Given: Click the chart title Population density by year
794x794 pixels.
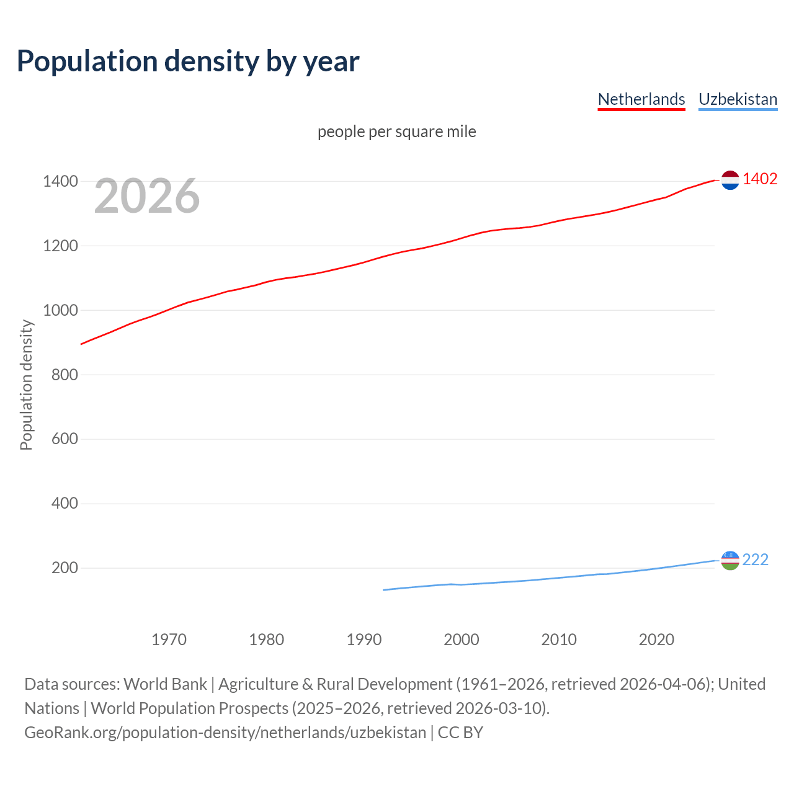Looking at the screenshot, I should (188, 61).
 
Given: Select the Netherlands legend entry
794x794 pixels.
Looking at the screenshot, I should (641, 99).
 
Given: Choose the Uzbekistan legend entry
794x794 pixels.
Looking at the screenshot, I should (738, 99).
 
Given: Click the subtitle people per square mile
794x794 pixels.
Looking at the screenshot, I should (397, 132).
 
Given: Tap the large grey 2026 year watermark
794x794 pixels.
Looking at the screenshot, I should (147, 196).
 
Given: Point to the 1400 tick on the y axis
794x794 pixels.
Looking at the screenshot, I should (60, 182).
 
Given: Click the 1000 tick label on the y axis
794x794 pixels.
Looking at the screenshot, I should (60, 310).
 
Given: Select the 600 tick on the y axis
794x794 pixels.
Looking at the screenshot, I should (65, 439).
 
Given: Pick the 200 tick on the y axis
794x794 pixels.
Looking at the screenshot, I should (65, 568).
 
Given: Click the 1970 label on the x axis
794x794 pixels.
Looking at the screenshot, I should (169, 640).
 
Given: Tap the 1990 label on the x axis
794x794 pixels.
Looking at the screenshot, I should (364, 640).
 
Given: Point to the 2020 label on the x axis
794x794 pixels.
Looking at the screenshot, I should (656, 640).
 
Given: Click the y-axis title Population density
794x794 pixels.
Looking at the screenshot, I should (26, 385).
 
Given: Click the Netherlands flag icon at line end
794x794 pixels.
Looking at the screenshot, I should (730, 180).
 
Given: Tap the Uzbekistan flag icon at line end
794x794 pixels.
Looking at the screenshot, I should (730, 560).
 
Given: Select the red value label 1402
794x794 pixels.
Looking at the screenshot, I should (760, 179).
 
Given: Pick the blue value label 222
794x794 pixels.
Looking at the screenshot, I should (755, 560).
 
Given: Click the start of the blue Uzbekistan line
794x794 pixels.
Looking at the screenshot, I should (384, 590).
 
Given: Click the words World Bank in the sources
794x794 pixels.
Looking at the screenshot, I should (165, 684).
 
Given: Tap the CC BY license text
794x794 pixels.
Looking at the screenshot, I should (460, 733).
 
